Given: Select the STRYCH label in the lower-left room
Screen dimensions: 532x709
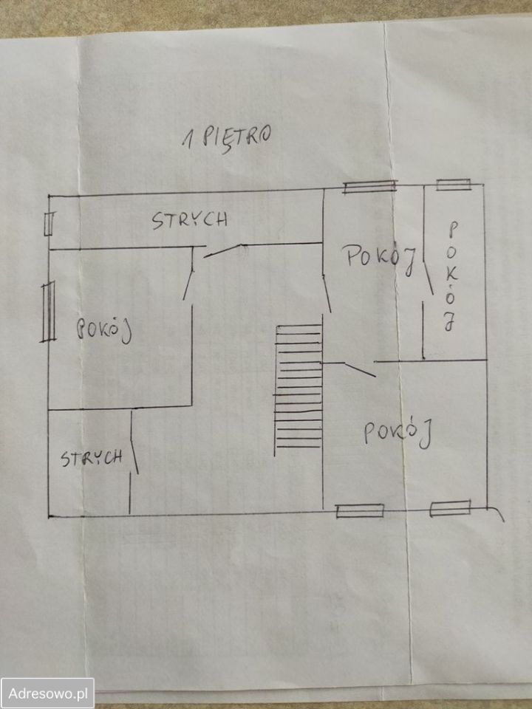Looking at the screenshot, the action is [92, 458].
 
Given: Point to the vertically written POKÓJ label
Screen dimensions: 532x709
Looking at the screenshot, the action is [451, 275].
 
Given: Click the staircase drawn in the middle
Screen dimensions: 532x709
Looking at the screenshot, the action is [299, 390].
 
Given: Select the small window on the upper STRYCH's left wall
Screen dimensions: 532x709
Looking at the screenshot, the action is [49, 224].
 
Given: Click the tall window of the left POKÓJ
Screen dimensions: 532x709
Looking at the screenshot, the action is [48, 312].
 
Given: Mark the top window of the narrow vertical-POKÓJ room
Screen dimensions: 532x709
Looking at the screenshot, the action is [453, 185].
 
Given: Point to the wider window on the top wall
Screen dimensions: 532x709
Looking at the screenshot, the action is [369, 186].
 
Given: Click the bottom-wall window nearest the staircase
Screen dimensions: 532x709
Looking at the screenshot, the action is [360, 511].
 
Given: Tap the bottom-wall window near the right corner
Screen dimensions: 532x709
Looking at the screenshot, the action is [450, 508].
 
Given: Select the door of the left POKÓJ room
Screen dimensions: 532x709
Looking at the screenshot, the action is [188, 273].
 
